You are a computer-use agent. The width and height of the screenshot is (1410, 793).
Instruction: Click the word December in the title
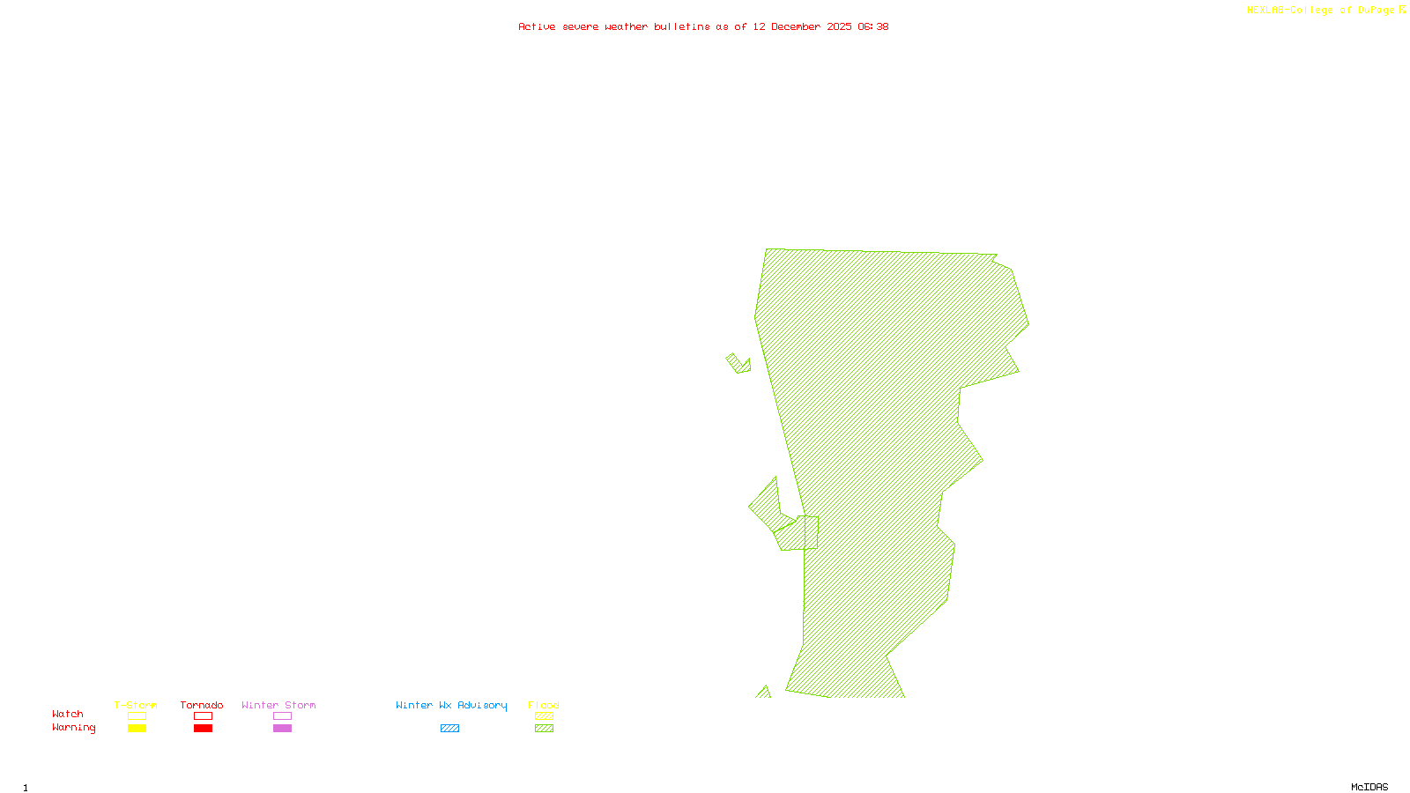tap(796, 26)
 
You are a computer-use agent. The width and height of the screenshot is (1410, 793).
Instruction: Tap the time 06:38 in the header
tap(872, 26)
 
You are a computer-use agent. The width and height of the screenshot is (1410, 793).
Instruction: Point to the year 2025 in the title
tap(839, 26)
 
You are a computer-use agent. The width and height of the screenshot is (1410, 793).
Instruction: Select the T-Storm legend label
tap(136, 705)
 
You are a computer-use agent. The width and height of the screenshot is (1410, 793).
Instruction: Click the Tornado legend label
tap(202, 705)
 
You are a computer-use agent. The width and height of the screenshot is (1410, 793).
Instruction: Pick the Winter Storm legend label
tap(278, 705)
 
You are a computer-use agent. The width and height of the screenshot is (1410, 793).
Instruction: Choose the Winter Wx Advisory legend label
tap(451, 705)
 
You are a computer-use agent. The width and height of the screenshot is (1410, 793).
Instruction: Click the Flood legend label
tap(544, 705)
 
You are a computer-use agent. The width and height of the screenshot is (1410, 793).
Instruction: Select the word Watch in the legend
tap(68, 714)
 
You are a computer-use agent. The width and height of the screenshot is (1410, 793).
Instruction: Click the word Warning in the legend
tap(73, 728)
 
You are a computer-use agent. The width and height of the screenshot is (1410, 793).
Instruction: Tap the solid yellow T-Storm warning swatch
tap(137, 729)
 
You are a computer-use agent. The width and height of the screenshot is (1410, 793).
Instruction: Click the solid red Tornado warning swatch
tap(203, 729)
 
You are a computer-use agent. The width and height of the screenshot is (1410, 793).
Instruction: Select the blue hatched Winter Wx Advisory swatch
tap(449, 729)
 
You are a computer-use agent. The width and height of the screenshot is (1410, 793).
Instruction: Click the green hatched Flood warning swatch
tap(545, 729)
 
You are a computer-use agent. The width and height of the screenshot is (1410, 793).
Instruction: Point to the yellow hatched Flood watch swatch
tap(545, 716)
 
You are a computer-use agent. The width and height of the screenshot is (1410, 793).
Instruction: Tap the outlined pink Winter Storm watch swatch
tap(282, 716)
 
